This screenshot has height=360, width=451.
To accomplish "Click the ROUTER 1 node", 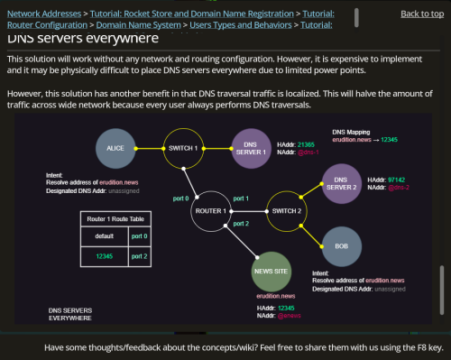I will pos(210,210).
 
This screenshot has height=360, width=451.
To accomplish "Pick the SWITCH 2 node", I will pos(286,210).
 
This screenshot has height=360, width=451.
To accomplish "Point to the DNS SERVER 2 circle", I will pos(341,183).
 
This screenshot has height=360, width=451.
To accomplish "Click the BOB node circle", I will pos(341,246).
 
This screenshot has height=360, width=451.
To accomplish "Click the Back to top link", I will pos(421,14).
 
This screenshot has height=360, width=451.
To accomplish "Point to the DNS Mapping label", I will pos(352,132).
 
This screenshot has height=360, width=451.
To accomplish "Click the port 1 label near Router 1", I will pos(240,198).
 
